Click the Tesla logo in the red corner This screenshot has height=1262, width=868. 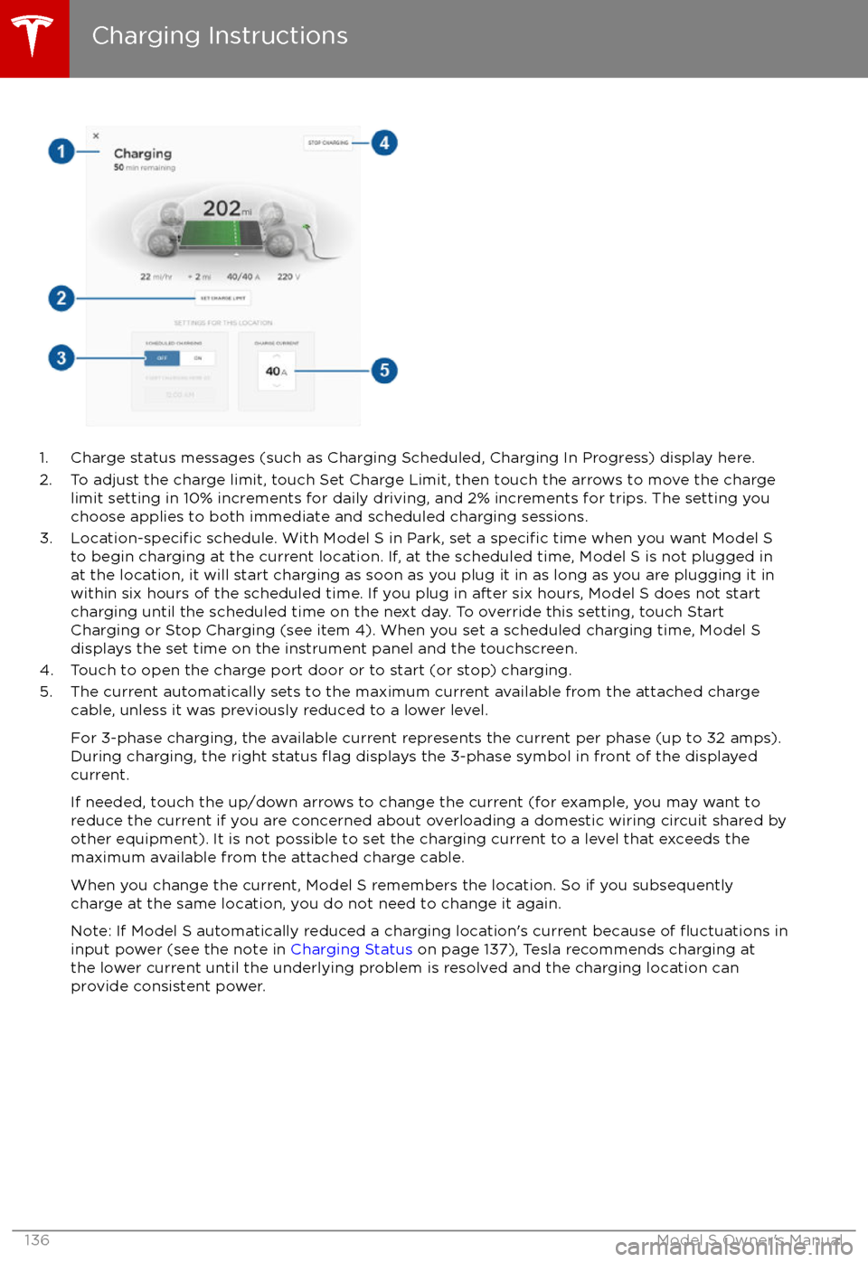tap(33, 36)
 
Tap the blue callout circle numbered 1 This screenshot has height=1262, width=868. tap(61, 151)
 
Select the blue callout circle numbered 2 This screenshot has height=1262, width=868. tap(61, 298)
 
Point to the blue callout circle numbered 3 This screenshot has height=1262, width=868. tap(61, 357)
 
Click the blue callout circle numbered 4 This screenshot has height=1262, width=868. tap(384, 143)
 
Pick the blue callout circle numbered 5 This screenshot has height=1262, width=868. tap(384, 370)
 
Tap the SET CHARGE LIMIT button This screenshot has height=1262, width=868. tap(222, 298)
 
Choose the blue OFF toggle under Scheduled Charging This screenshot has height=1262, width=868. tap(162, 358)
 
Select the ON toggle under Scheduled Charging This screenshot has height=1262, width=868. tap(198, 358)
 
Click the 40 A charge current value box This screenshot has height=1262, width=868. tap(277, 371)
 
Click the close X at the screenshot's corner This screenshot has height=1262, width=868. tap(96, 136)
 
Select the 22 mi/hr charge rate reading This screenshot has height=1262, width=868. tap(156, 277)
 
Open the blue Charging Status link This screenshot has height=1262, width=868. tap(351, 949)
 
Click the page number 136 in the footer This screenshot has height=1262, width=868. tap(37, 1240)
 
